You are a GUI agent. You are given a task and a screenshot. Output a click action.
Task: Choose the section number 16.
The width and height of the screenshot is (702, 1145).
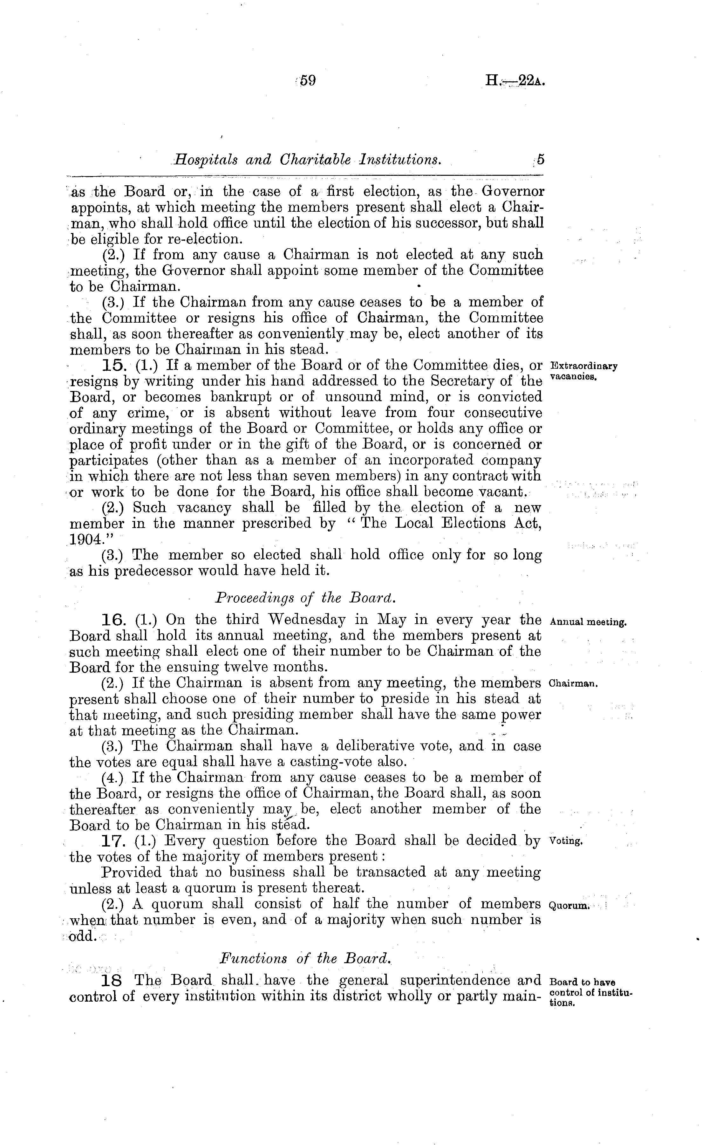click(x=112, y=620)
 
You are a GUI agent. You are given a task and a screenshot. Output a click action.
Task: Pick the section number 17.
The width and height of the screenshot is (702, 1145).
click(x=112, y=841)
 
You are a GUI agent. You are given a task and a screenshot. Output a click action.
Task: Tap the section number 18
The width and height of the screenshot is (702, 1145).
click(x=112, y=981)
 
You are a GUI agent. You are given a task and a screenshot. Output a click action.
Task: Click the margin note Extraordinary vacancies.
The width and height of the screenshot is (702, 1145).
click(x=583, y=371)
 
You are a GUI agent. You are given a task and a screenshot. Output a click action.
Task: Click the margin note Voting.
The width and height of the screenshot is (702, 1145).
click(x=565, y=841)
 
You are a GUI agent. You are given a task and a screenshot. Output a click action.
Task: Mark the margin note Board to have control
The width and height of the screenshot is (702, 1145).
click(x=590, y=988)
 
